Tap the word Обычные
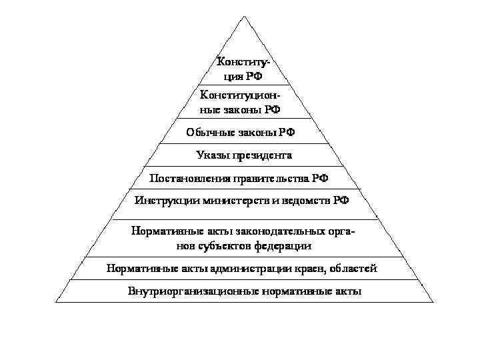208,132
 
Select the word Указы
212,155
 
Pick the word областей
355,269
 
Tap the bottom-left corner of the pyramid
56,302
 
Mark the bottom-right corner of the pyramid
433,302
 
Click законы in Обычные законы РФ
253,132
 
